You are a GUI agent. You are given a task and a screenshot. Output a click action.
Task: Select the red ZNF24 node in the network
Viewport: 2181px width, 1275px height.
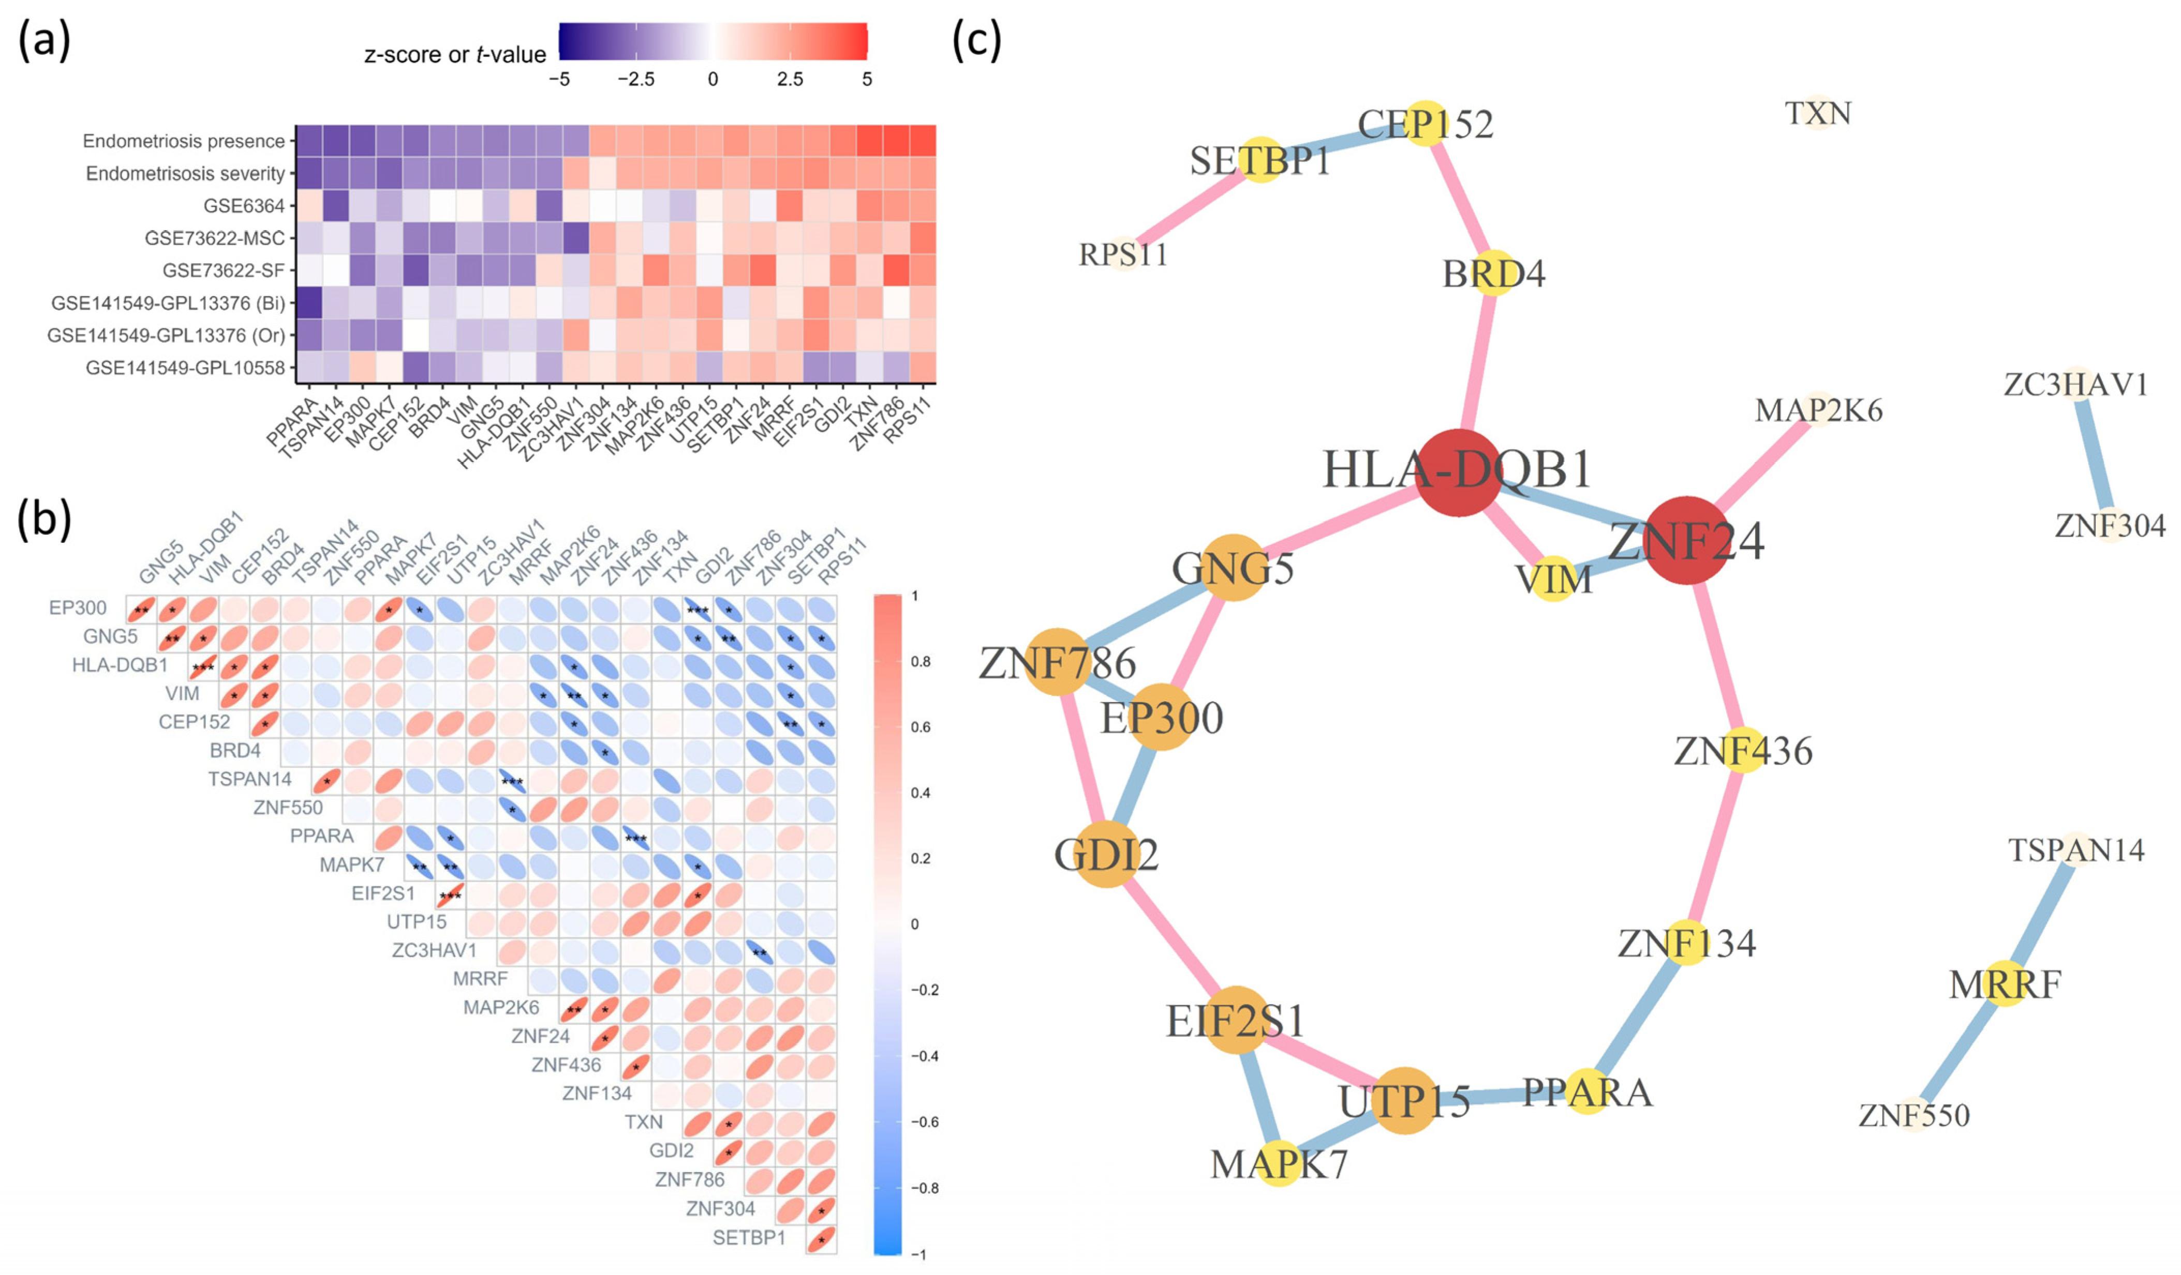[x=1687, y=540]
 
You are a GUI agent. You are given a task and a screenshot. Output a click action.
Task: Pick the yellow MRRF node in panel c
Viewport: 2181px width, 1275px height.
[x=2005, y=983]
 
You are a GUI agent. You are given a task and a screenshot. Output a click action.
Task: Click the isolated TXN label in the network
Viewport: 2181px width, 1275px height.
[x=1818, y=113]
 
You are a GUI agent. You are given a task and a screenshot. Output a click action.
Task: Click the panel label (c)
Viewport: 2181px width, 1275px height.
[x=976, y=41]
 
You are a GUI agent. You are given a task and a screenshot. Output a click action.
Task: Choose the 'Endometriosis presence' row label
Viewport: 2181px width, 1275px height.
[x=184, y=141]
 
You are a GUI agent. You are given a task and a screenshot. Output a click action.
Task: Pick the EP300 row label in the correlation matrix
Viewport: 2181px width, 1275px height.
[x=78, y=608]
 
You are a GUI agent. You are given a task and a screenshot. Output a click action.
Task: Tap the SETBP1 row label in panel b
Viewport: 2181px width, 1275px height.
[x=749, y=1238]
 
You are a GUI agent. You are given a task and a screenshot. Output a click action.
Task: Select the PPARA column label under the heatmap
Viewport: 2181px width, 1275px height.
[x=292, y=421]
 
